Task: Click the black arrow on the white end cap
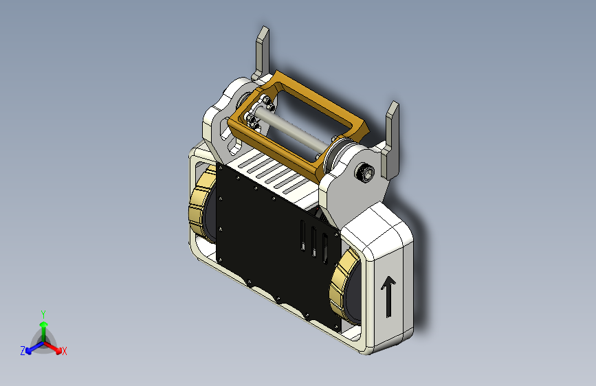pos(388,296)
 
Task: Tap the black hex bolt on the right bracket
pos(364,173)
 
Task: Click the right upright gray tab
pos(392,141)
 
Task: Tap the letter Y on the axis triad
pos(43,315)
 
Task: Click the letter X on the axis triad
pos(64,351)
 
